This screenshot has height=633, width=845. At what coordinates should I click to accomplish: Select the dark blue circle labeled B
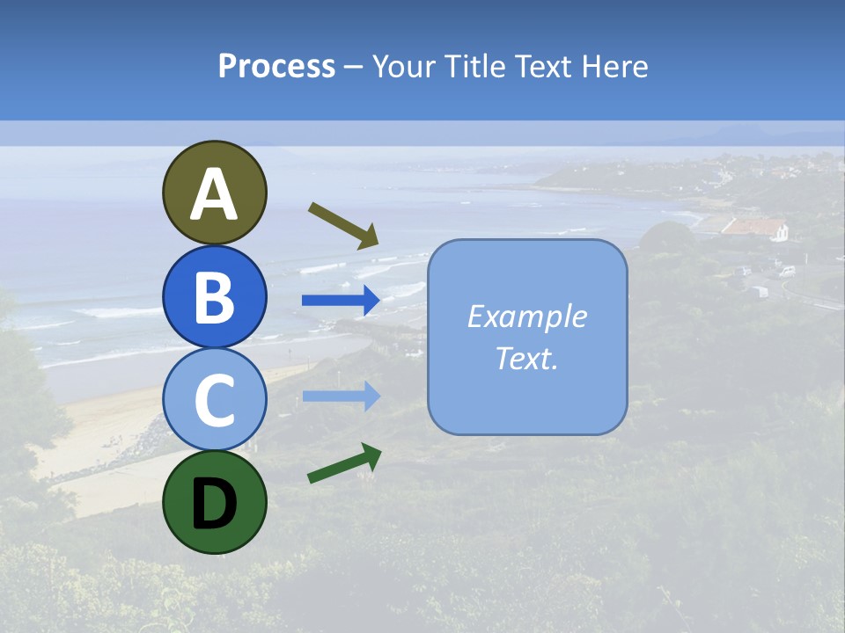click(214, 296)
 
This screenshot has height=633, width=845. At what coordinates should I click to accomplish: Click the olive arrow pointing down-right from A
click(343, 225)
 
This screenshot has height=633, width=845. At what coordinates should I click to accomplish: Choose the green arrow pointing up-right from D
click(344, 463)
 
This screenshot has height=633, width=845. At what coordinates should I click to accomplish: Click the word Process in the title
click(276, 67)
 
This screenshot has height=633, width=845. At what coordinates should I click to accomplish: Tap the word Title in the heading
click(473, 67)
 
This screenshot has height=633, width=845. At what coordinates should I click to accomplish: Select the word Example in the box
click(526, 316)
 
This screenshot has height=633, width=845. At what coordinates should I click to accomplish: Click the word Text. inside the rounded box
click(526, 359)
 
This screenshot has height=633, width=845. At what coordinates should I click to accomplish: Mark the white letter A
click(214, 195)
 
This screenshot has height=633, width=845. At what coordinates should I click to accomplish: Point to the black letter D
click(214, 505)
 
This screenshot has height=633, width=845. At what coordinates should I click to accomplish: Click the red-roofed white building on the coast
click(754, 229)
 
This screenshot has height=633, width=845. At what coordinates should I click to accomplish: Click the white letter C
click(214, 401)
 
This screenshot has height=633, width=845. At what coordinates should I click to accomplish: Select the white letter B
click(214, 298)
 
